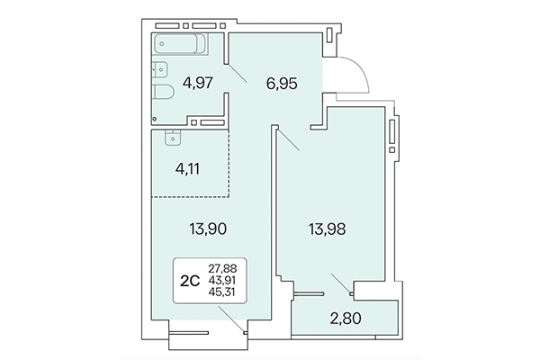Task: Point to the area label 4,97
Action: pos(199,84)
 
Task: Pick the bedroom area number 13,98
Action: pos(326,229)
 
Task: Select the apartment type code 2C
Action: pos(190,279)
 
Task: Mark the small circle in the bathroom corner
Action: pos(155,118)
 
